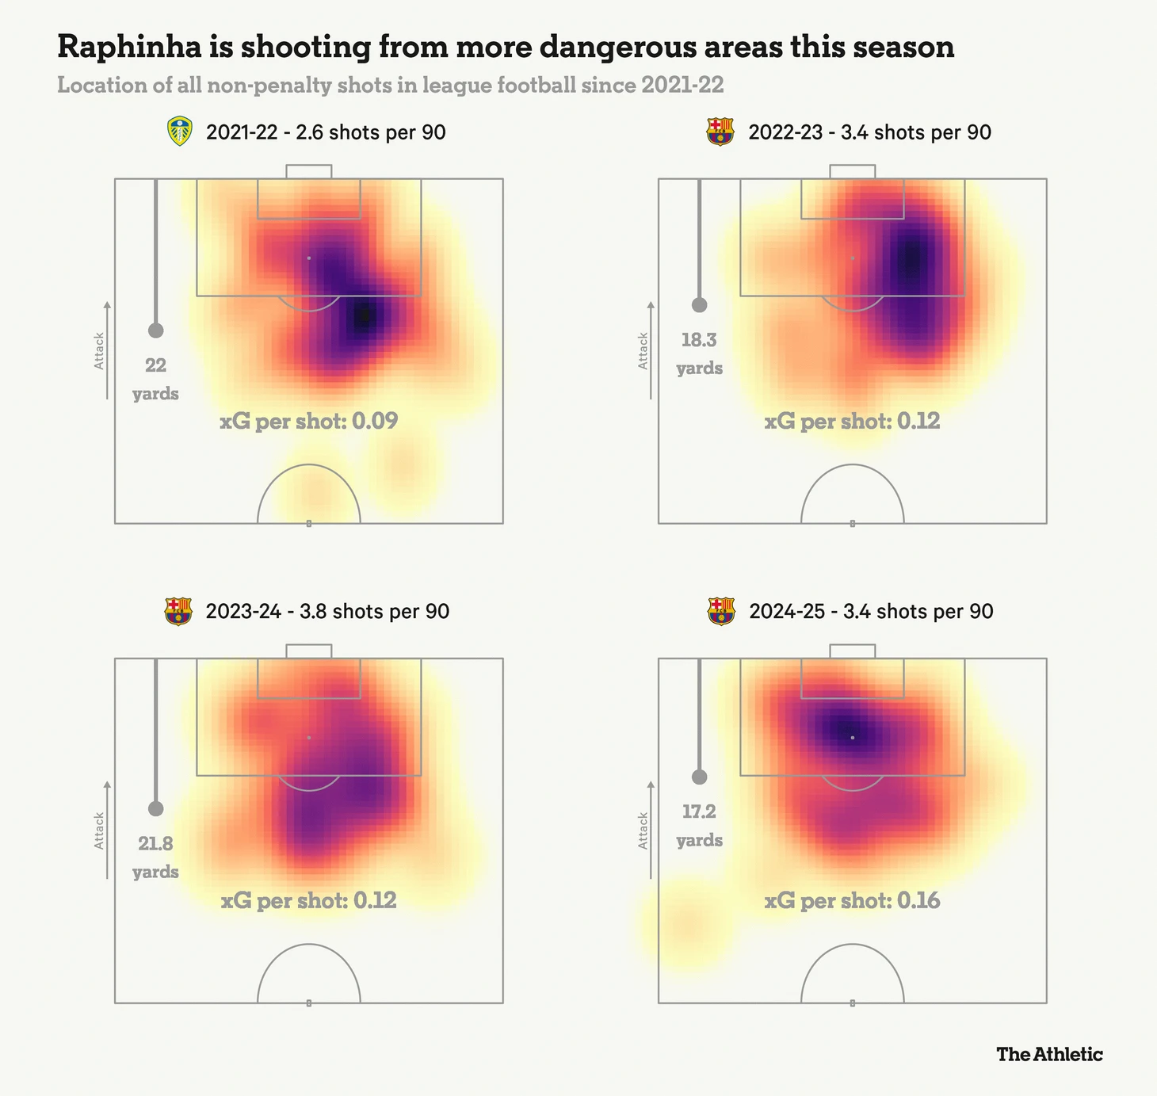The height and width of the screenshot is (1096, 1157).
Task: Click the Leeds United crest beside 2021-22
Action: [181, 132]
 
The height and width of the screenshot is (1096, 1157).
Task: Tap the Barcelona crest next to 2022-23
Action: [720, 132]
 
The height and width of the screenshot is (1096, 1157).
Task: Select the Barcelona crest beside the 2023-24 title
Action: [178, 611]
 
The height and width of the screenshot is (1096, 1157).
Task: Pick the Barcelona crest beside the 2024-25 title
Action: [720, 611]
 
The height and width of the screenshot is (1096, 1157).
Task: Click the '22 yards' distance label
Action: [155, 379]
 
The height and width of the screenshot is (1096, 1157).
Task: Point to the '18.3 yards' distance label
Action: [699, 353]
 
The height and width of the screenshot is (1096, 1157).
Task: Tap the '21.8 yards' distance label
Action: [155, 857]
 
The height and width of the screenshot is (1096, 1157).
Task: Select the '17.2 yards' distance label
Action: [699, 825]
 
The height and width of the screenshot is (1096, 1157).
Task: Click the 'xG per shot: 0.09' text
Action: [308, 421]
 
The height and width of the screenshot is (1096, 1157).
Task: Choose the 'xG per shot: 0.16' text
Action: [852, 901]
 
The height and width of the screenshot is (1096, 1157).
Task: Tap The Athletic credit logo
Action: [1049, 1054]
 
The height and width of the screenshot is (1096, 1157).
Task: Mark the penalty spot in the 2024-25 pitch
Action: [853, 738]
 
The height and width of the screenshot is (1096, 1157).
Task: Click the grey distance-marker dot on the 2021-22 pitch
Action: [155, 330]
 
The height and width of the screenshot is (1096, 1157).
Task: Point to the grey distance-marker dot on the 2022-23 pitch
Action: [699, 304]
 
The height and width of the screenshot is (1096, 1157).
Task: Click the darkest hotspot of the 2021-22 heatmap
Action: [365, 316]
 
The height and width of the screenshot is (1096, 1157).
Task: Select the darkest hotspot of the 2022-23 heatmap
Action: [911, 258]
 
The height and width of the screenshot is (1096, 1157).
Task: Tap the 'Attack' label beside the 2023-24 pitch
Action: [99, 830]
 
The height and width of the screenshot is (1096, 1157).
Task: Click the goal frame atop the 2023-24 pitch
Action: [308, 651]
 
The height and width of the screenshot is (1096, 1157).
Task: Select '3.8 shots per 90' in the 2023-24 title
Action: [374, 611]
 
